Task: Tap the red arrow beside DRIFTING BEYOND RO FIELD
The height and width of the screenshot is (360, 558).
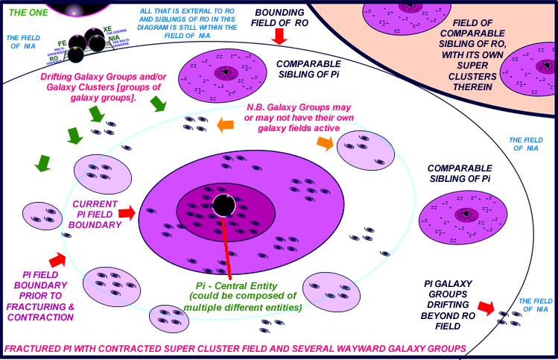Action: click(x=485, y=307)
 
